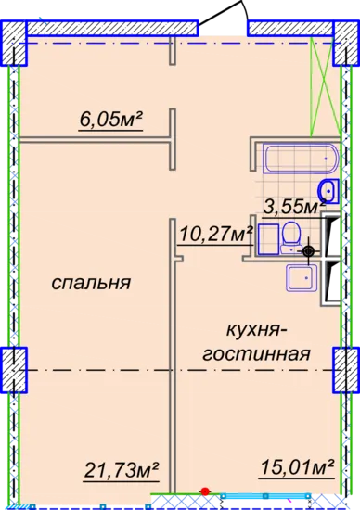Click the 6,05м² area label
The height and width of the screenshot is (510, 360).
point(111,120)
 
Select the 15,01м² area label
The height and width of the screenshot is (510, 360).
point(297,467)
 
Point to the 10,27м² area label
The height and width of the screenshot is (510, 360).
point(216,234)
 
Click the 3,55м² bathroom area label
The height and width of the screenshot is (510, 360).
point(294,207)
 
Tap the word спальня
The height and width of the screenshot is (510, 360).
point(91,282)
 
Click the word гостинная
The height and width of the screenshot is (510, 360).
point(256,354)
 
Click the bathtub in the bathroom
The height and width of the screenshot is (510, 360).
point(302,159)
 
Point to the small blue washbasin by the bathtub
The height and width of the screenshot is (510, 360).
point(329,191)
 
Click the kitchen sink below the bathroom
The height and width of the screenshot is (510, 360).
point(302,277)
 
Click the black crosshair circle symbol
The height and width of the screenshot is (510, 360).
point(308,251)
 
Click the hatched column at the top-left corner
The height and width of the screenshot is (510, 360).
point(14,43)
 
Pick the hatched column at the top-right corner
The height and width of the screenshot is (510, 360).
point(346,43)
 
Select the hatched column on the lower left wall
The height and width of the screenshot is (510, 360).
point(14,370)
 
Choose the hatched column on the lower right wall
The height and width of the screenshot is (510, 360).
point(346,370)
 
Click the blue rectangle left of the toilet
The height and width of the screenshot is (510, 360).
point(269,239)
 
